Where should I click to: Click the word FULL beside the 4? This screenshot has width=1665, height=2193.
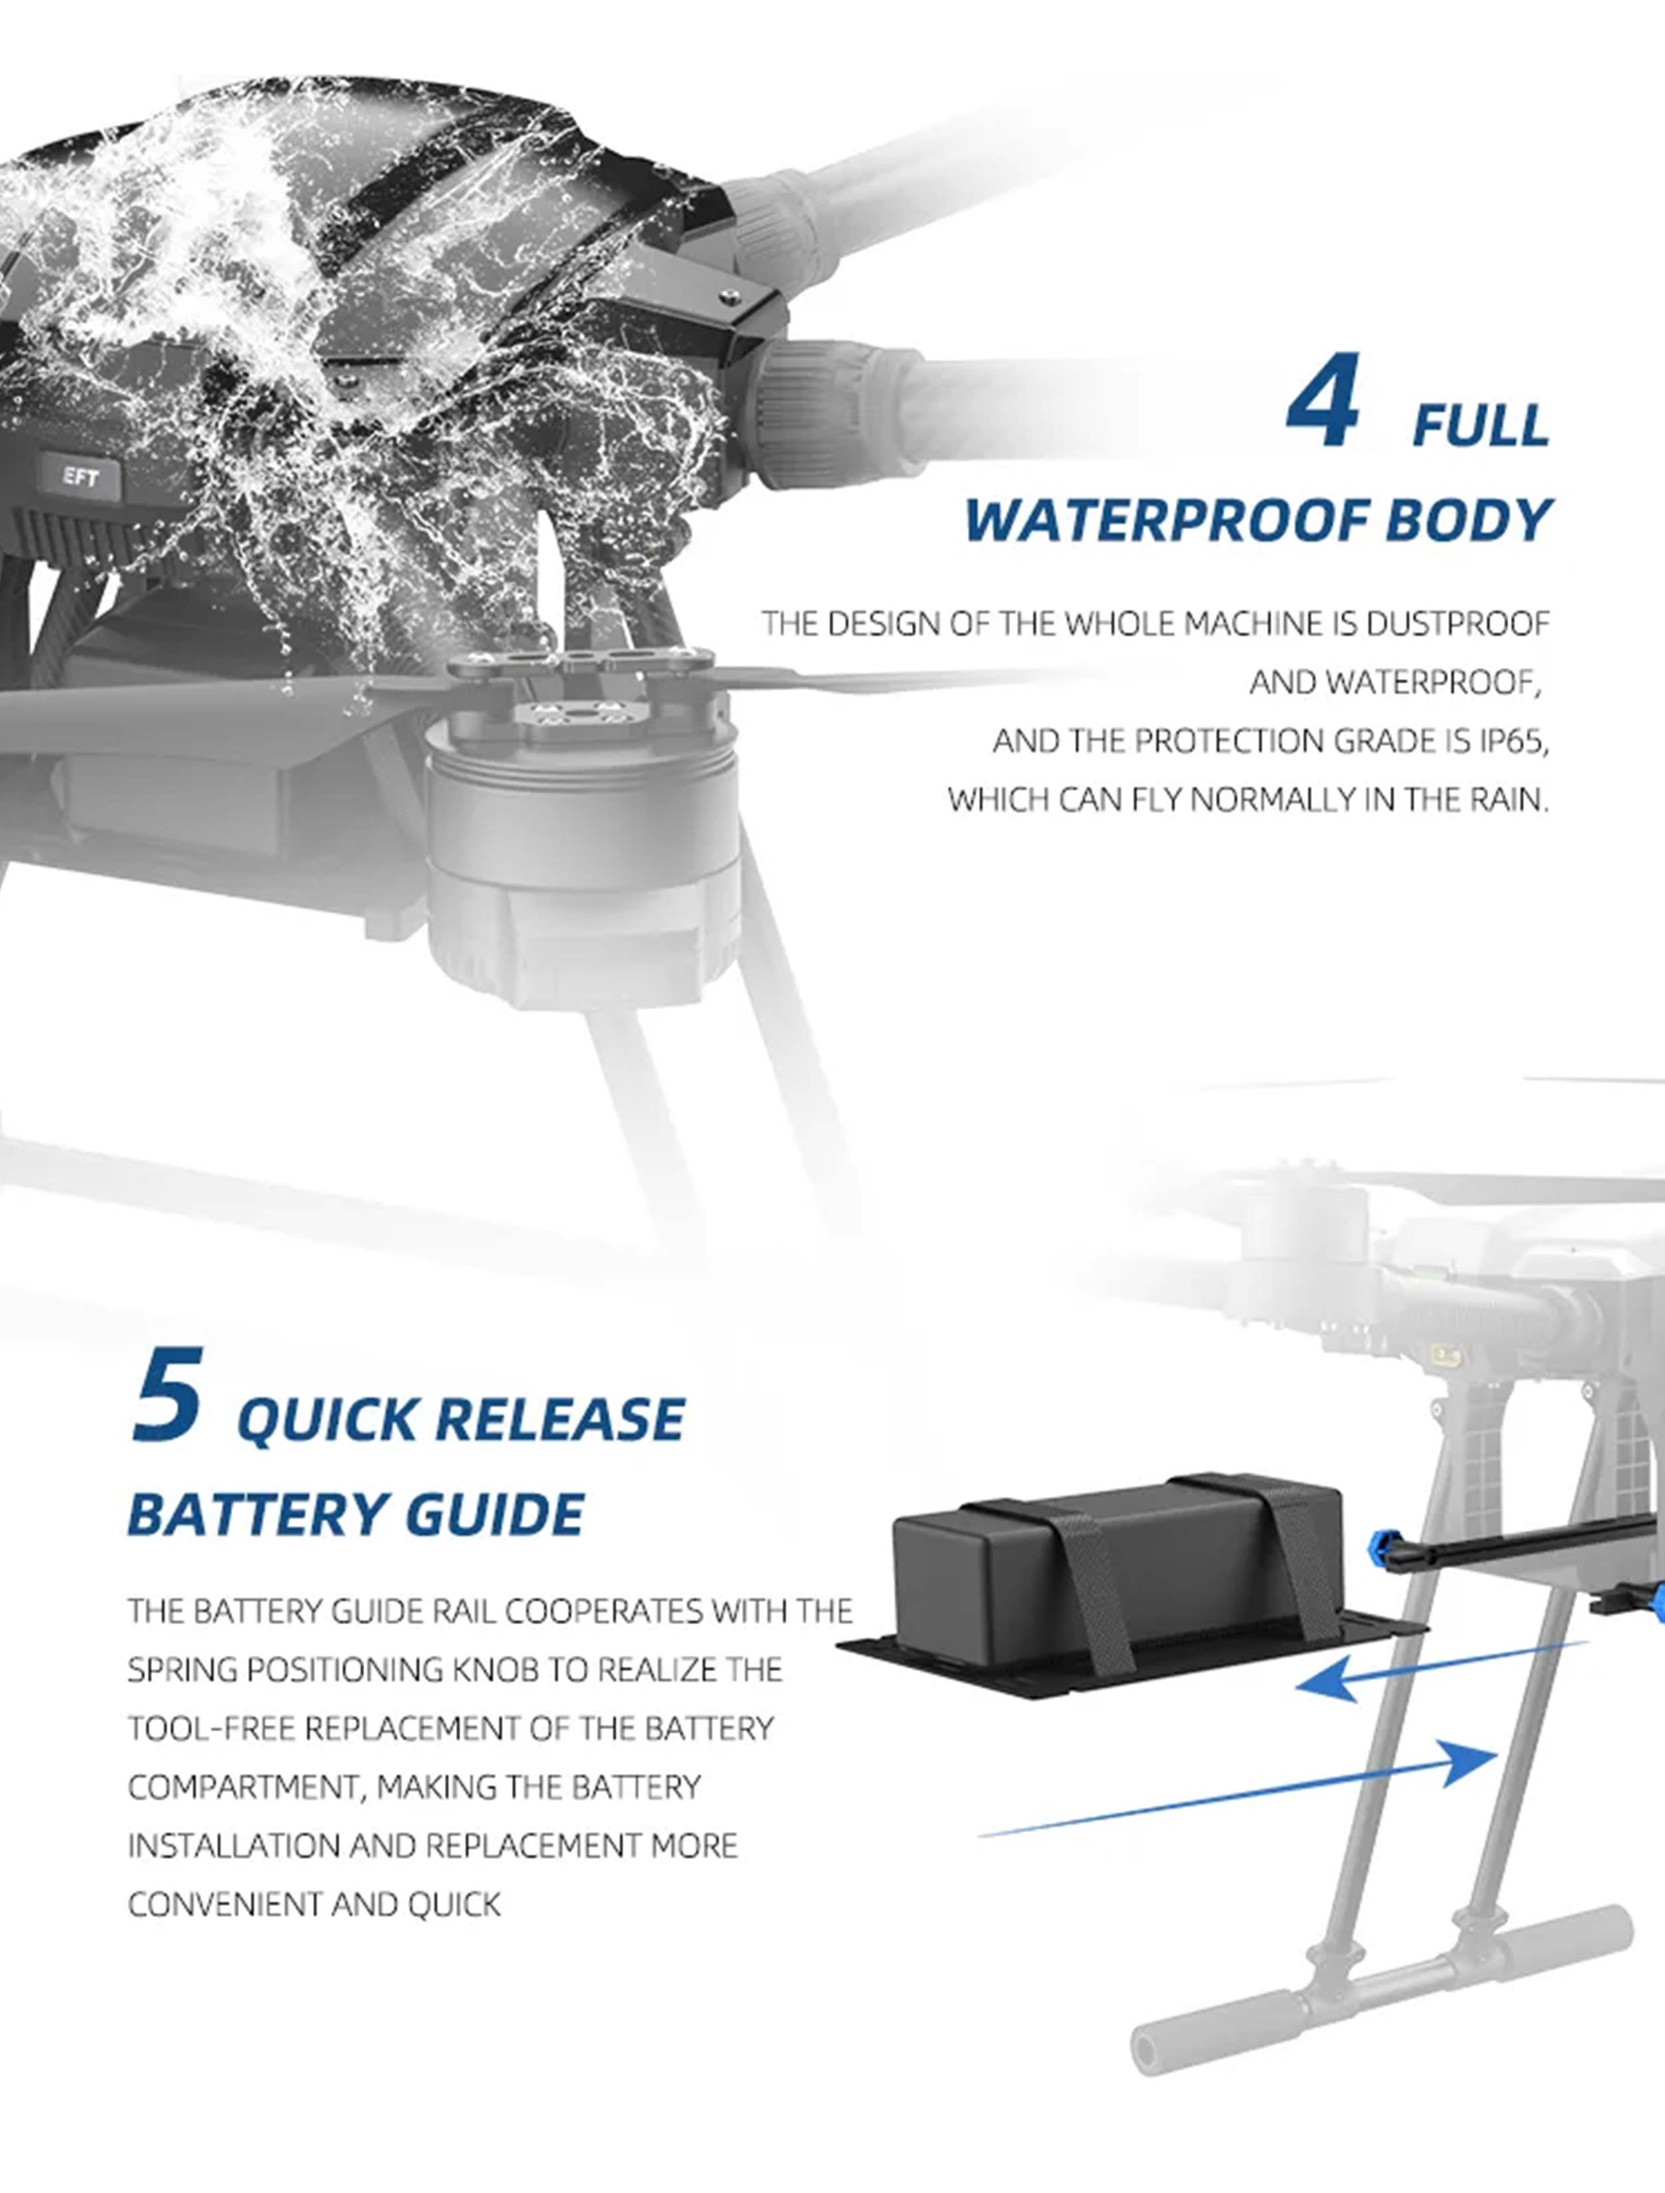[x=1481, y=426]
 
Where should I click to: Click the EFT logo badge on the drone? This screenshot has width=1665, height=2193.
[x=81, y=478]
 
